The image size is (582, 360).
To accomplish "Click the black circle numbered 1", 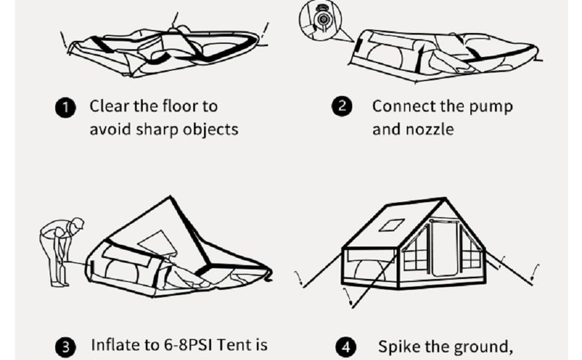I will [x=65, y=108].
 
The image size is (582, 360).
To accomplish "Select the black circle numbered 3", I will [x=66, y=347].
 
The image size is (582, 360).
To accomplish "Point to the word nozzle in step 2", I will [x=430, y=130].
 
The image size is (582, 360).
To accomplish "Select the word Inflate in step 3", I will [x=113, y=346].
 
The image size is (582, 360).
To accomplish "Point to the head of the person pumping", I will [x=76, y=226].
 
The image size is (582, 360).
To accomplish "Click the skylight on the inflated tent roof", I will [x=394, y=226].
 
